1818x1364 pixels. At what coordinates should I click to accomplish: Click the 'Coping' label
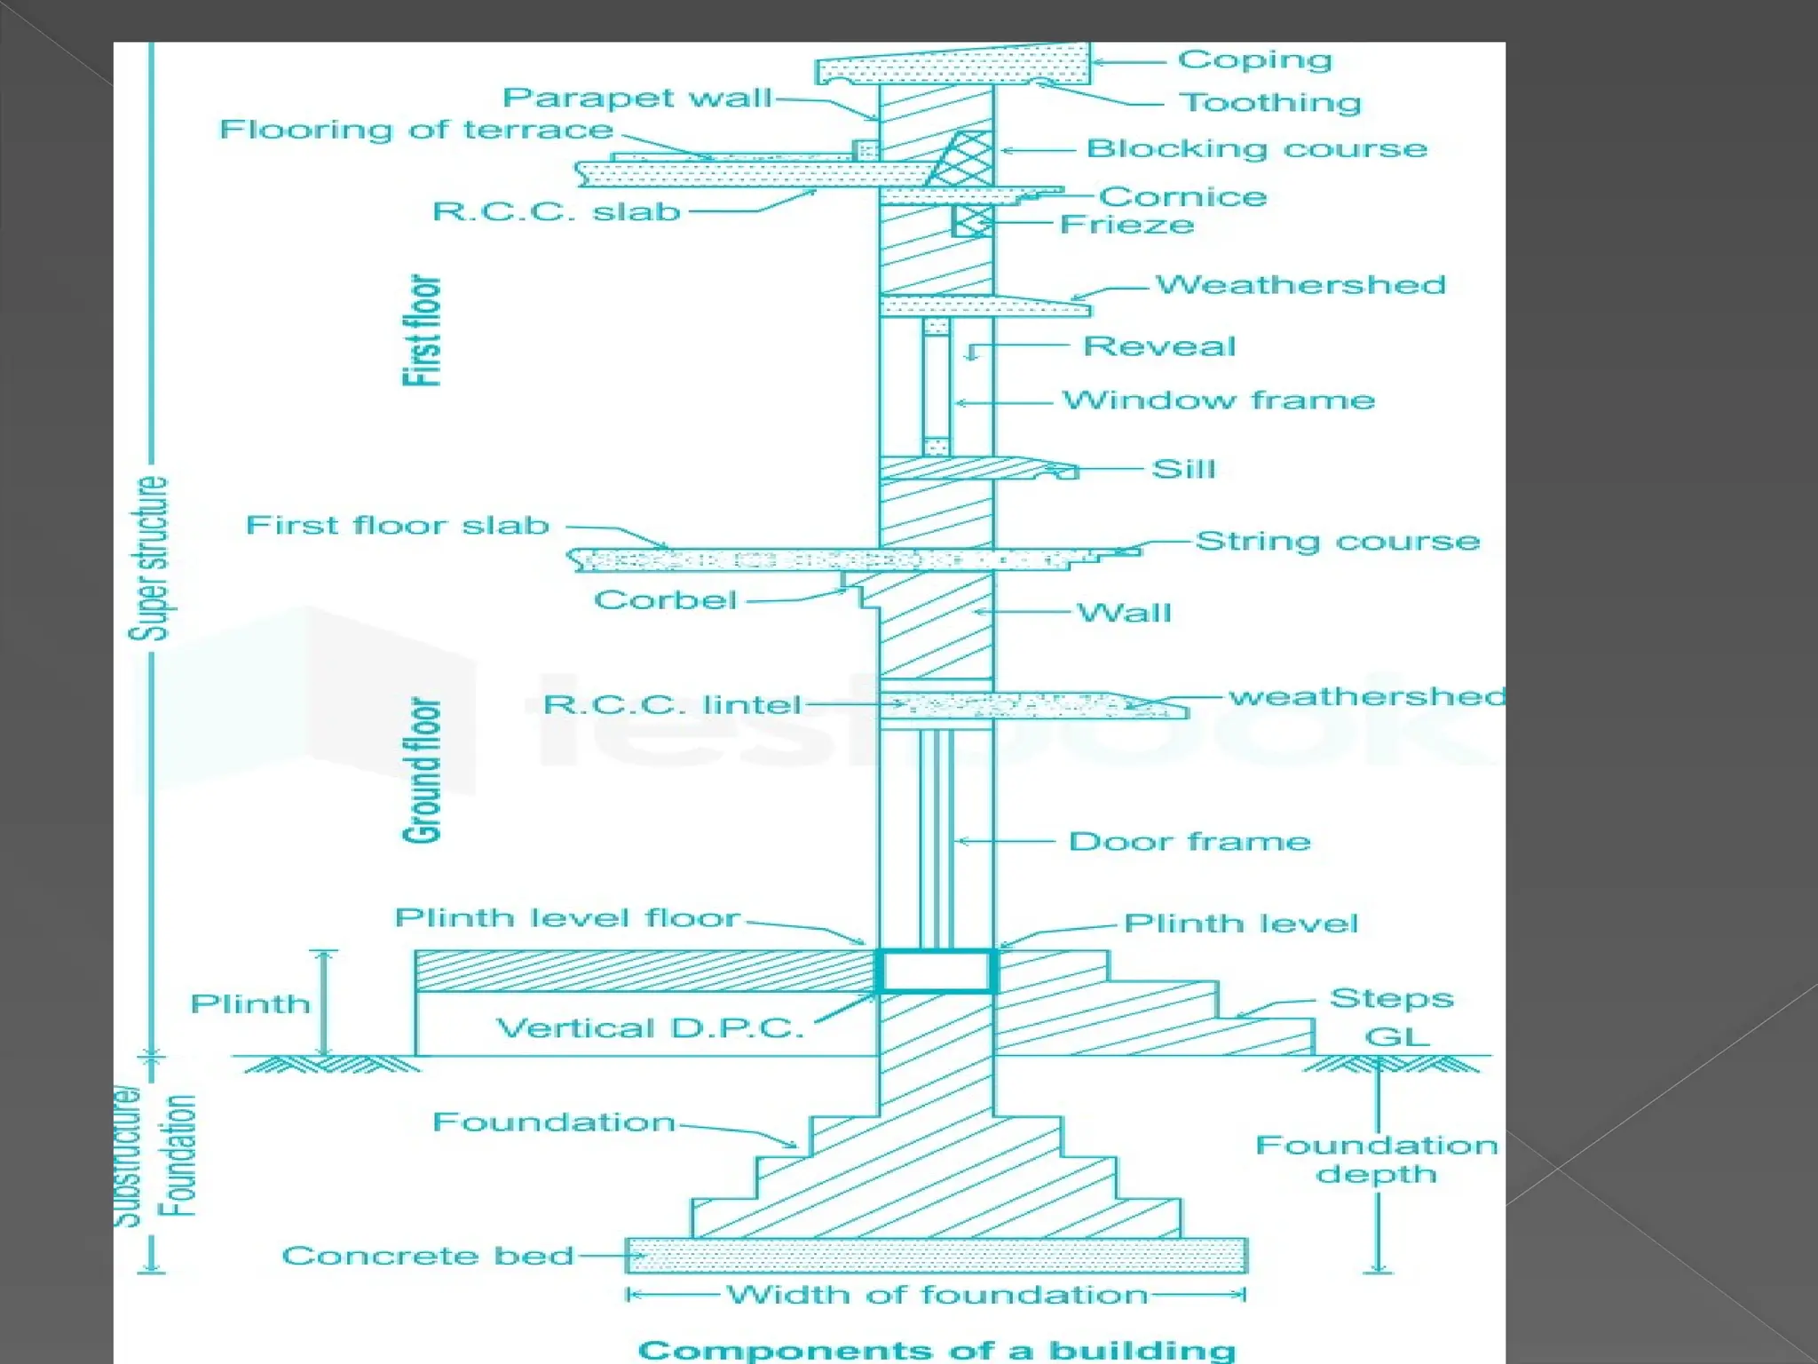pyautogui.click(x=1254, y=59)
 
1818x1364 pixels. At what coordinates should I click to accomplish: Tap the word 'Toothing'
pyautogui.click(x=1269, y=103)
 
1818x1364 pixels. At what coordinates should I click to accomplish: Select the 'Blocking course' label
pyautogui.click(x=1257, y=148)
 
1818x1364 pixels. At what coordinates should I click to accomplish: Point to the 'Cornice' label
pyautogui.click(x=1182, y=196)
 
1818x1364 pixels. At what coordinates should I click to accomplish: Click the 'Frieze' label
pyautogui.click(x=1126, y=225)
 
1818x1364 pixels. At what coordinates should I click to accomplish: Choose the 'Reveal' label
pyautogui.click(x=1159, y=346)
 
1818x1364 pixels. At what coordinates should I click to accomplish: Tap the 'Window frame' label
pyautogui.click(x=1219, y=400)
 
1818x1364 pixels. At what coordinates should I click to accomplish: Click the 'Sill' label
pyautogui.click(x=1183, y=469)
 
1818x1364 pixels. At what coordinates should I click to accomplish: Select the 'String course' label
pyautogui.click(x=1338, y=541)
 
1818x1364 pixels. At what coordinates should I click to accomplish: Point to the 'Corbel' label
pyautogui.click(x=666, y=600)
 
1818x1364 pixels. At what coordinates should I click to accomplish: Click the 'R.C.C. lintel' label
pyautogui.click(x=672, y=705)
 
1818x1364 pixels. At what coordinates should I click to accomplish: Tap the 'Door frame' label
pyautogui.click(x=1190, y=842)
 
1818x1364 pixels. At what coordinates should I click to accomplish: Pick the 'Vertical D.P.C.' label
pyautogui.click(x=650, y=1028)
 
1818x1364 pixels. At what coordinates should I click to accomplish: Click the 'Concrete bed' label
pyautogui.click(x=428, y=1256)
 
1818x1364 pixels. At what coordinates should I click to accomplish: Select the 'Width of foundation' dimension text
pyautogui.click(x=937, y=1295)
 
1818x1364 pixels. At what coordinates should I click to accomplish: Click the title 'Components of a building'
pyautogui.click(x=937, y=1350)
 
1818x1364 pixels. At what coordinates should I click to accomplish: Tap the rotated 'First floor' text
pyautogui.click(x=423, y=330)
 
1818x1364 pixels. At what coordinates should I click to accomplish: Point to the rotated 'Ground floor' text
pyautogui.click(x=423, y=770)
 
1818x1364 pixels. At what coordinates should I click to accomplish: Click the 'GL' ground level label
pyautogui.click(x=1397, y=1036)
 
